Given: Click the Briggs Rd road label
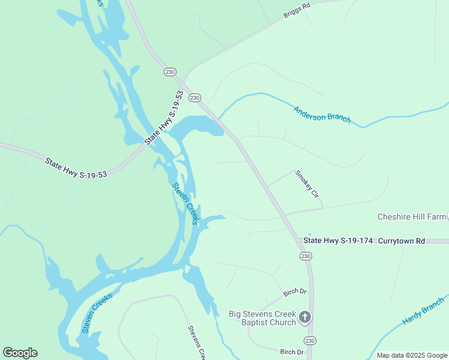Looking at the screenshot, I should pyautogui.click(x=297, y=10).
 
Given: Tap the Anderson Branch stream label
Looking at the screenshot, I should pyautogui.click(x=322, y=114).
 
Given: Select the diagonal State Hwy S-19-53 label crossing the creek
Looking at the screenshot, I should pyautogui.click(x=163, y=118).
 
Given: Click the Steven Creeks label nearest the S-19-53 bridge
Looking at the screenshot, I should pyautogui.click(x=185, y=203).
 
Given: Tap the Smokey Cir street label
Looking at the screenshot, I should pyautogui.click(x=306, y=184).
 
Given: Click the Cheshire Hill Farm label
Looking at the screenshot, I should pyautogui.click(x=412, y=217).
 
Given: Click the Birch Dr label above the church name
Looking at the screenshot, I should pyautogui.click(x=295, y=292).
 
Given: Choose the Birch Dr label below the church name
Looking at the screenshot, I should pyautogui.click(x=292, y=352).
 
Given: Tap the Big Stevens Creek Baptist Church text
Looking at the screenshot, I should pyautogui.click(x=262, y=318).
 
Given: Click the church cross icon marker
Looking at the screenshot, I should pyautogui.click(x=305, y=317).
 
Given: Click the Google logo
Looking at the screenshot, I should pyautogui.click(x=20, y=353).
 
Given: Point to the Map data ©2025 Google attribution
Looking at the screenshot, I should pyautogui.click(x=412, y=355).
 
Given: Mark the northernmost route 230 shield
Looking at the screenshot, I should pyautogui.click(x=170, y=71).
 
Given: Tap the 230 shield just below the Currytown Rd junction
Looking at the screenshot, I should pyautogui.click(x=306, y=256).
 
